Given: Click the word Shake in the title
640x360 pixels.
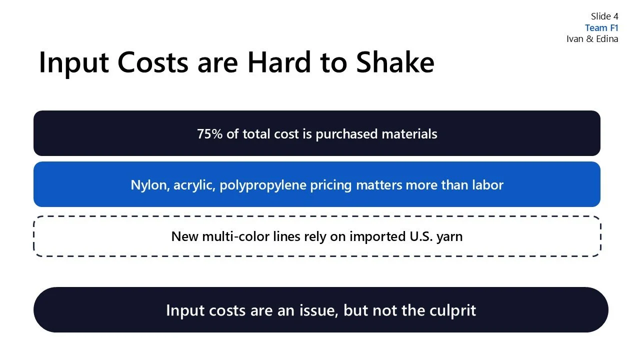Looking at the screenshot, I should coord(394,63).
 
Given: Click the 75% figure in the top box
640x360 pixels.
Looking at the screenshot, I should coord(209,134).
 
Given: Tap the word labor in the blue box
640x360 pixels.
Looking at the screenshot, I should coord(487,185).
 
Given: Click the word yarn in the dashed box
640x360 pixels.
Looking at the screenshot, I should coord(449,236).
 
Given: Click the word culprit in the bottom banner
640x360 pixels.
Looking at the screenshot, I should coord(452,310).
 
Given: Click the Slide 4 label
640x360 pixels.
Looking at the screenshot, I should coord(604,16).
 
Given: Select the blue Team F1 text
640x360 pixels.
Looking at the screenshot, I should coord(601,28).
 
